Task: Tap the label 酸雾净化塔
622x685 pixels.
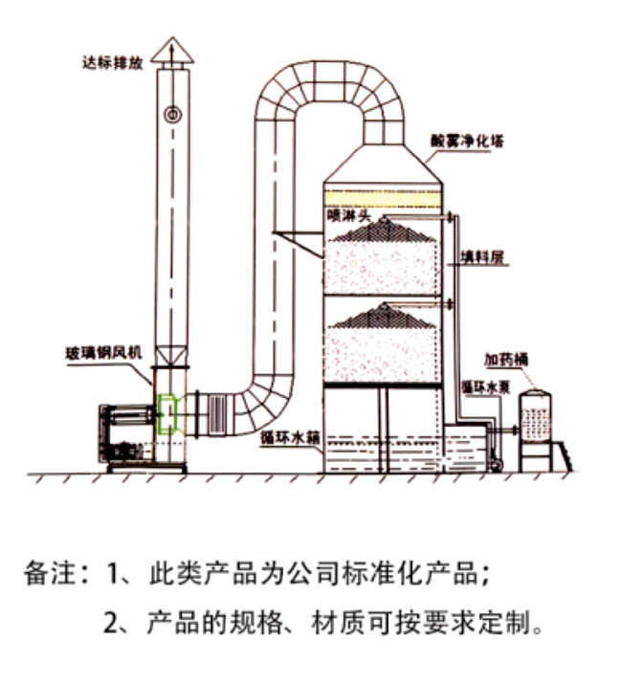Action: point(468,141)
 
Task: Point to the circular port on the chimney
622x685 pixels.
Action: point(173,114)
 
